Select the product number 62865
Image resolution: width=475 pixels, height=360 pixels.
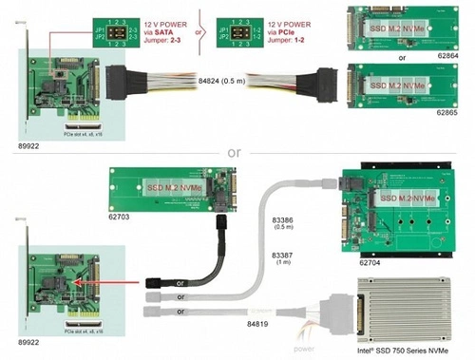point(448,113)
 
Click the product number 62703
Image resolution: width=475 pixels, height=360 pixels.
point(125,217)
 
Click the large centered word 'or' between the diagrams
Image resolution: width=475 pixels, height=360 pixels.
point(234,152)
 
